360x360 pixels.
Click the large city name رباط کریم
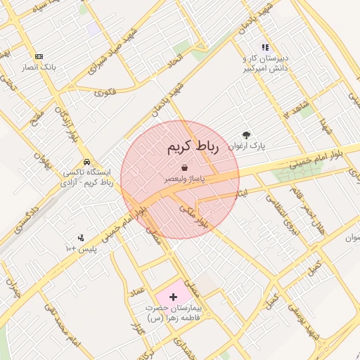click(193, 147)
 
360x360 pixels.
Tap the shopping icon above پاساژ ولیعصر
click(184, 168)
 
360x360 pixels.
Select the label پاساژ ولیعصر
click(185, 179)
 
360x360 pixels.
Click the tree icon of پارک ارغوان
click(246, 134)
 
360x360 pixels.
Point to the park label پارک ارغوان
click(247, 146)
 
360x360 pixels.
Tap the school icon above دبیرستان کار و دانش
click(265, 47)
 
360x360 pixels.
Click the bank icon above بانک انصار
click(39, 56)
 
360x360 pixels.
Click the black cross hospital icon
click(174, 297)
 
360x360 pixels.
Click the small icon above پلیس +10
click(80, 237)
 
